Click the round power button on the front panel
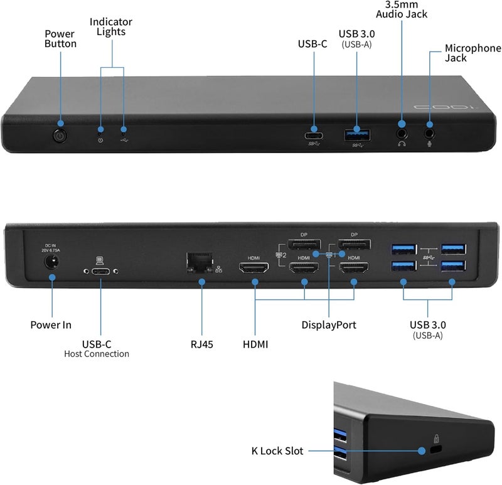click(x=60, y=134)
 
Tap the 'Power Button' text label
click(x=60, y=38)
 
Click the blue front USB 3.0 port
click(x=356, y=134)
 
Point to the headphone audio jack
click(x=402, y=132)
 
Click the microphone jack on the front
click(x=430, y=132)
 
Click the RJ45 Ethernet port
click(x=200, y=264)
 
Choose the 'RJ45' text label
click(x=202, y=344)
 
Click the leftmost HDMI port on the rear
click(x=254, y=269)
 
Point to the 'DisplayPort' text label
click(x=329, y=325)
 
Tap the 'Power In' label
click(x=51, y=325)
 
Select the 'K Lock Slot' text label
click(x=276, y=450)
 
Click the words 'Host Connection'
click(x=97, y=354)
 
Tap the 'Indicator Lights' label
click(x=111, y=27)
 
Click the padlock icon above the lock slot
click(x=436, y=439)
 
